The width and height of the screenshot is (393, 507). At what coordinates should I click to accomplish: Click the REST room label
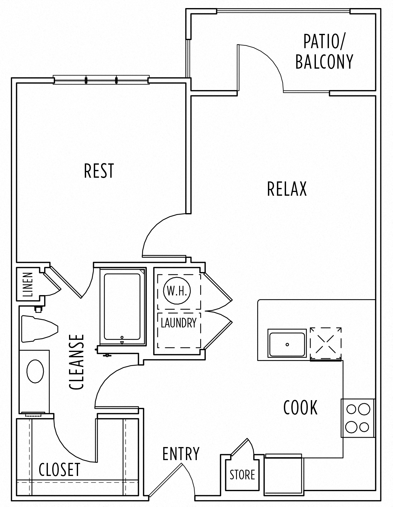pyautogui.click(x=99, y=171)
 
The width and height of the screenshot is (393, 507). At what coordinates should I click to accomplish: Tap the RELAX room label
pyautogui.click(x=287, y=189)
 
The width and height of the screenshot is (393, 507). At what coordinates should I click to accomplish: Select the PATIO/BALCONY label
pyautogui.click(x=324, y=52)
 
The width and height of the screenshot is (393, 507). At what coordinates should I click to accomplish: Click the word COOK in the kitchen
pyautogui.click(x=300, y=408)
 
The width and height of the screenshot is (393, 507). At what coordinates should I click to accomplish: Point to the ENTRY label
pyautogui.click(x=181, y=454)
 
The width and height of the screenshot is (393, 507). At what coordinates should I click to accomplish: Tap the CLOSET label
pyautogui.click(x=59, y=470)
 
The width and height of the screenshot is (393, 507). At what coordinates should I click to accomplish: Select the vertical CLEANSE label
pyautogui.click(x=77, y=362)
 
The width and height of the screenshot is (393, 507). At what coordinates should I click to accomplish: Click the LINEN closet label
pyautogui.click(x=28, y=285)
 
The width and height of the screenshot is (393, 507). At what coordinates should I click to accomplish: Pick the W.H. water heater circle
pyautogui.click(x=177, y=291)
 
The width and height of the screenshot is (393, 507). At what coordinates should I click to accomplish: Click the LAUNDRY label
pyautogui.click(x=178, y=323)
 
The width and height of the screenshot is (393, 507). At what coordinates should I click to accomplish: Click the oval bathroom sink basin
pyautogui.click(x=35, y=371)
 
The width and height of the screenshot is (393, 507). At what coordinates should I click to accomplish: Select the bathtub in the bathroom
pyautogui.click(x=122, y=307)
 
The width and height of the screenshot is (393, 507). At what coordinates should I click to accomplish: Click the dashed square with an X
pyautogui.click(x=326, y=344)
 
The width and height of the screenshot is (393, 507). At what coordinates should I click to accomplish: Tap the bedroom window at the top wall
pyautogui.click(x=101, y=80)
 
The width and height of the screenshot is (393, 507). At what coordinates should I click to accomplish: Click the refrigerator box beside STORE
pyautogui.click(x=283, y=476)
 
